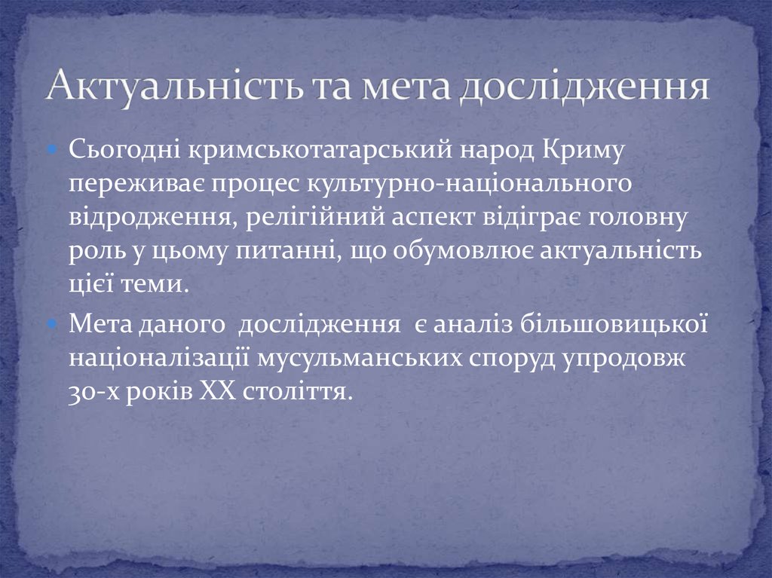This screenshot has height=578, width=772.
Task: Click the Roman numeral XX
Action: [x=219, y=390]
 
